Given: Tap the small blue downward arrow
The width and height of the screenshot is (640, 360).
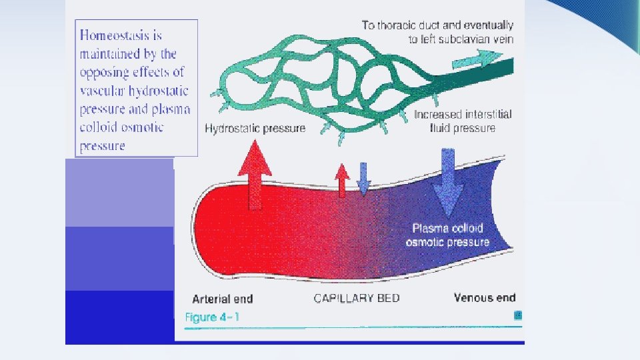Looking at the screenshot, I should point(363,179).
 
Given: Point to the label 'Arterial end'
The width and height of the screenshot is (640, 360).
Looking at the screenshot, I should point(223,299).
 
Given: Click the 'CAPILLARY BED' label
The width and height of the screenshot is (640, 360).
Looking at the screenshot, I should point(357,298).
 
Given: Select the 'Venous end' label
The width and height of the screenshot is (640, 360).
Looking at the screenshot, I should point(485,297).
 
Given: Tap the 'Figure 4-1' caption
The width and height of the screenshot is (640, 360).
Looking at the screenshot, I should point(211,317).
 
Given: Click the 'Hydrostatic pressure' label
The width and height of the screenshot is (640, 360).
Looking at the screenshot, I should point(255,128).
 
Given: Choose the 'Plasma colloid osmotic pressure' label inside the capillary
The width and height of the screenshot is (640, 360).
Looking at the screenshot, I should point(447,235).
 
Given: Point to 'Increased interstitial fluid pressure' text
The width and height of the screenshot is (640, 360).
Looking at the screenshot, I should point(463,121).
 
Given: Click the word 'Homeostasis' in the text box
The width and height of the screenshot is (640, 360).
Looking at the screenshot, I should point(121,35).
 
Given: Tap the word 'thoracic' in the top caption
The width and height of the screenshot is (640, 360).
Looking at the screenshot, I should point(402,25).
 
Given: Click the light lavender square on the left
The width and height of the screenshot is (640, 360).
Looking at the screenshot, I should point(119,193).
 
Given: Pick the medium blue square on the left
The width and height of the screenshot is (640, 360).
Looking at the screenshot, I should point(119,259).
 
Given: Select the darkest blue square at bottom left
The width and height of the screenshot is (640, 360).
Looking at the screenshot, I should point(119,317).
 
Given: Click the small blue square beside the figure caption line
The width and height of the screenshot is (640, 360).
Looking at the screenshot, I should point(517,316).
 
